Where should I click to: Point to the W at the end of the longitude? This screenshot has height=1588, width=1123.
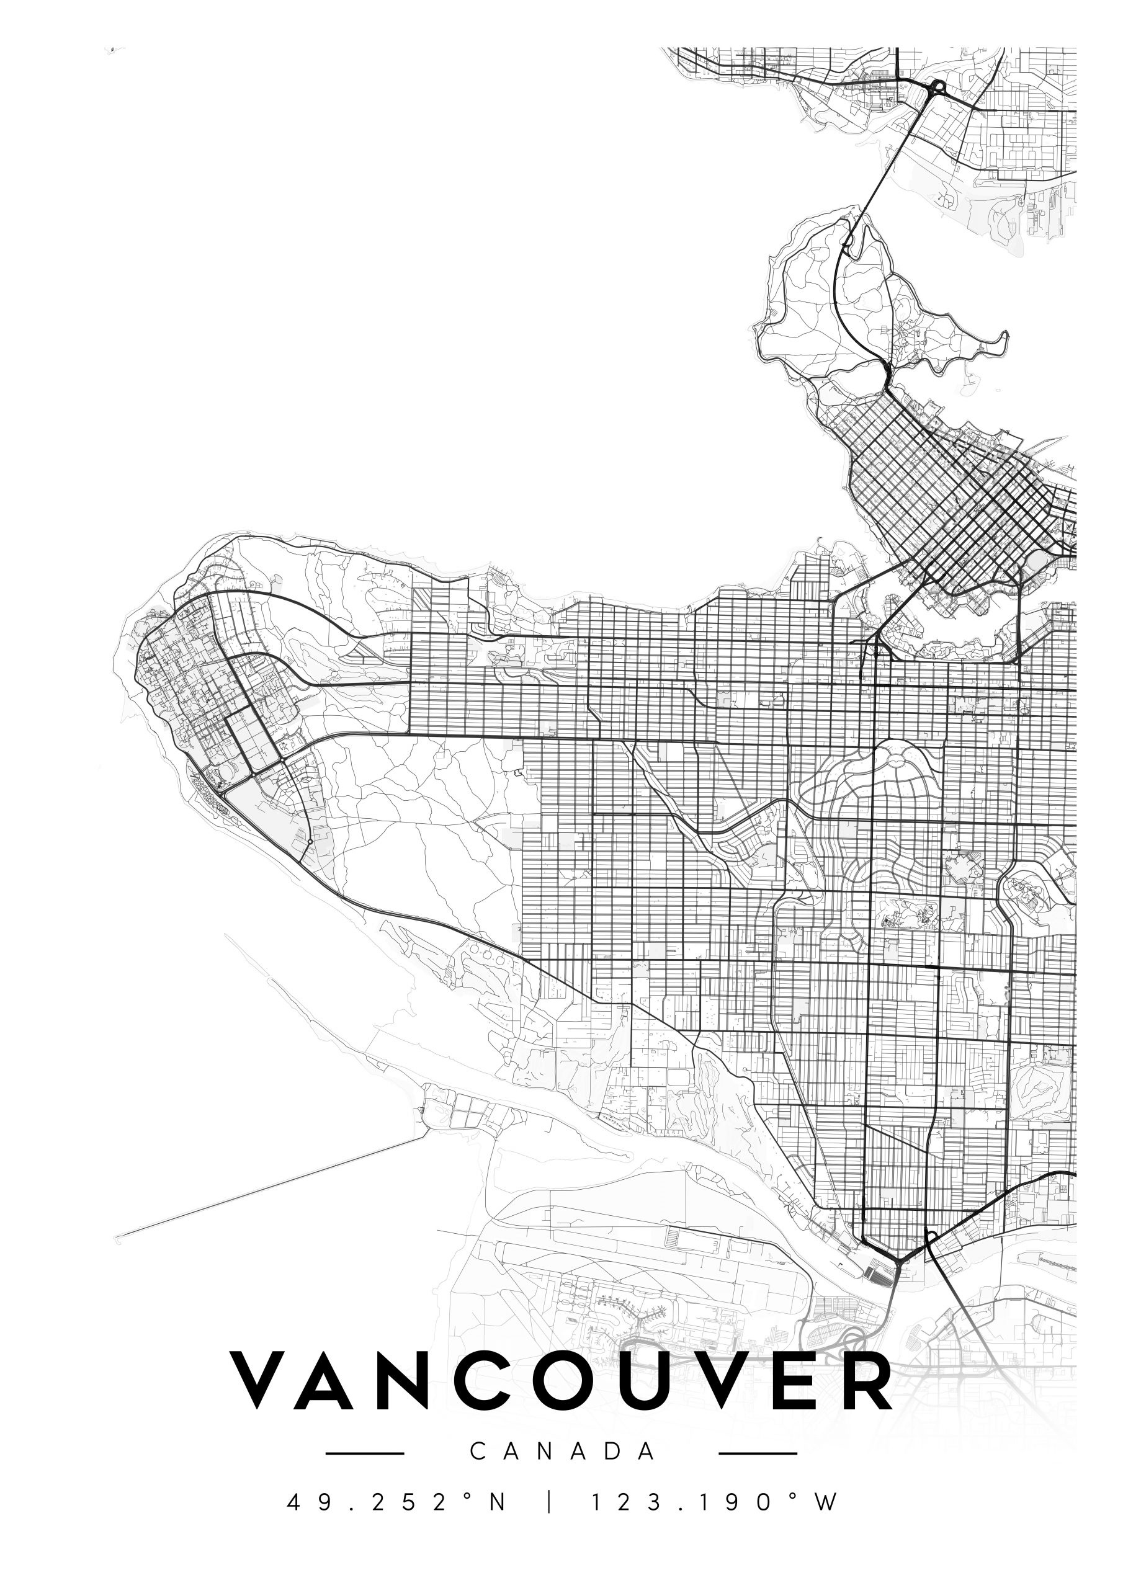826,1497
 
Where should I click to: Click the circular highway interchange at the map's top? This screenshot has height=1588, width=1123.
938,87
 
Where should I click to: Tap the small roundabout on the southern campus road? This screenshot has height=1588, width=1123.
310,842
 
